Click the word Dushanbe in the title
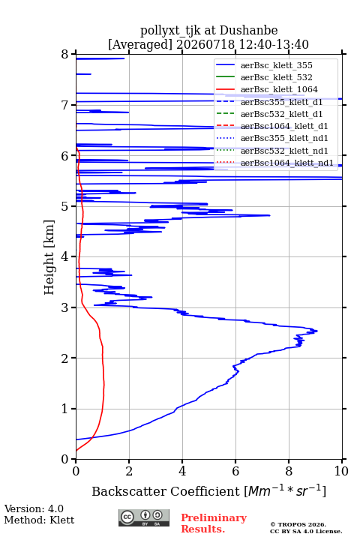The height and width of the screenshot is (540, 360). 248,30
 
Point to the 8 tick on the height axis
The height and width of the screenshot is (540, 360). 65,55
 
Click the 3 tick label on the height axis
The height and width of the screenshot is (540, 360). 65,307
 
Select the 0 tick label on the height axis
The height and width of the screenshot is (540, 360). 65,459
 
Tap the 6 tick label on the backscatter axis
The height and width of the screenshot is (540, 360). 235,471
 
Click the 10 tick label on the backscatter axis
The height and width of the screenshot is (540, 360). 341,471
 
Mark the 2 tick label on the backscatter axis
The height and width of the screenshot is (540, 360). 129,471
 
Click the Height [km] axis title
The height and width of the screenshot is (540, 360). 49,257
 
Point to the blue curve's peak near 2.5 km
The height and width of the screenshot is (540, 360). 316,331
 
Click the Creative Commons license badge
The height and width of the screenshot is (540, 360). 144,517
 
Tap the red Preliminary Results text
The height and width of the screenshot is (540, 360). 214,523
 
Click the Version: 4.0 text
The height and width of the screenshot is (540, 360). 34,508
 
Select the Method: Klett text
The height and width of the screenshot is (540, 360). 39,520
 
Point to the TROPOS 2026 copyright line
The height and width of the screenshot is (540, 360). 298,524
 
